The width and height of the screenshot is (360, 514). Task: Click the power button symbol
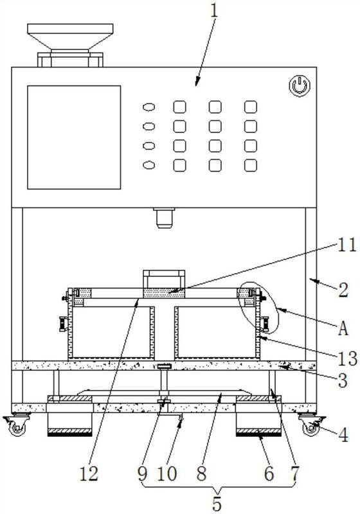(300, 85)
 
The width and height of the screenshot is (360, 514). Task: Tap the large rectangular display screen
(74, 137)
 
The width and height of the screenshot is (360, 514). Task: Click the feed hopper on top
(70, 45)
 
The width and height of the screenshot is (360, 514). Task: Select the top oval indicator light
(149, 107)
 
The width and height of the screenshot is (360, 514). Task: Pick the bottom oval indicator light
(149, 165)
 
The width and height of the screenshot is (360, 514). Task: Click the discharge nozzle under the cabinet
(164, 218)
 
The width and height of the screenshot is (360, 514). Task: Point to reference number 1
(214, 10)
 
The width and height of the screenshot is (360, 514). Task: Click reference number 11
(346, 245)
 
